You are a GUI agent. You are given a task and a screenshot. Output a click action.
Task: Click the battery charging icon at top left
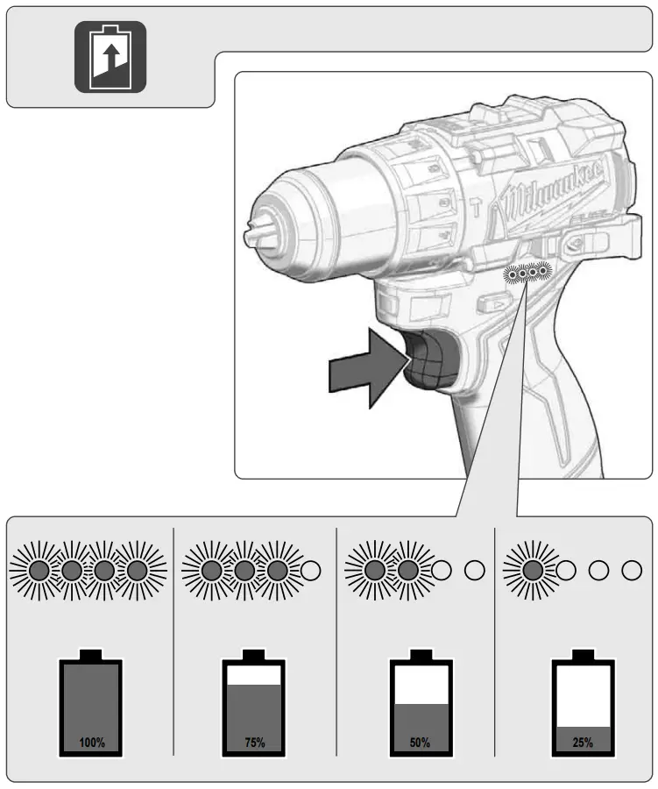tap(110, 56)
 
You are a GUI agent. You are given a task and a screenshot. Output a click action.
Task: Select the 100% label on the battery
tap(91, 743)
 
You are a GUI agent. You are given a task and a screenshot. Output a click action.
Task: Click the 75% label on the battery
tap(254, 743)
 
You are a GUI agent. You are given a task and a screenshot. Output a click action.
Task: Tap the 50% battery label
tap(420, 743)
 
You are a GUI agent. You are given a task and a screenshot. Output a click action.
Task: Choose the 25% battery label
tap(583, 743)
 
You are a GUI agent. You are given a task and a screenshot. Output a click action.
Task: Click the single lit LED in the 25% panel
tap(532, 570)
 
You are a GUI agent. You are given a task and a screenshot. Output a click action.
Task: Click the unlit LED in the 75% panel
tap(311, 570)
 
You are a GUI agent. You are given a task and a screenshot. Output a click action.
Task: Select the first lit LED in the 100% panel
tap(39, 570)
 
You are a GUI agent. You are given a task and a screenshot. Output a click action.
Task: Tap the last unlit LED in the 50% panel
tap(474, 570)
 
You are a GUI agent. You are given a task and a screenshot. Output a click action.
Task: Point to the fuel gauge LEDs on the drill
tap(527, 274)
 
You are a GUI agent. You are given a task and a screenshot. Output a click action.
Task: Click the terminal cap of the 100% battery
tap(91, 656)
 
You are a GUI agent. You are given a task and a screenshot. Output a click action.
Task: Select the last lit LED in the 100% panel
tap(137, 570)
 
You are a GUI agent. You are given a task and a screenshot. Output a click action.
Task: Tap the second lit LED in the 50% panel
tap(408, 570)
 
